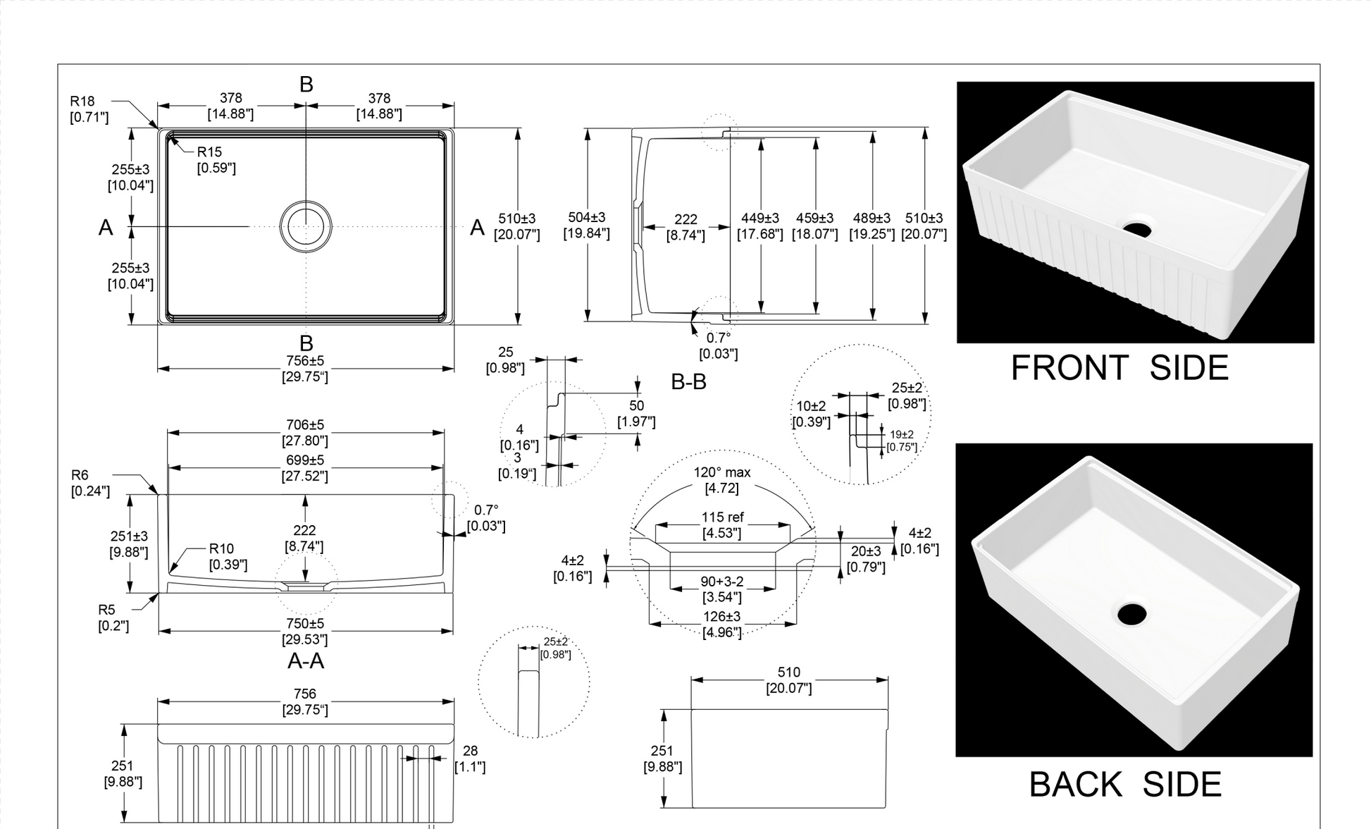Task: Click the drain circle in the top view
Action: [x=306, y=226]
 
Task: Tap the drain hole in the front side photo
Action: [x=1136, y=230]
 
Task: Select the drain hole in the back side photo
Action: [x=1131, y=614]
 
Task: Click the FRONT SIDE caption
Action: [x=1119, y=368]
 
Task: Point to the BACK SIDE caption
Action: [x=1124, y=785]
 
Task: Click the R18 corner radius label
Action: [x=82, y=102]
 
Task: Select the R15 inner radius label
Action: [x=209, y=152]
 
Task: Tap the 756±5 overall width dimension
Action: [x=305, y=361]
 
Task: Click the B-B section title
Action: [x=688, y=382]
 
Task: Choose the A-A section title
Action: [x=306, y=661]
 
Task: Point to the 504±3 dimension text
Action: [x=586, y=218]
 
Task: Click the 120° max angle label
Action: [x=722, y=472]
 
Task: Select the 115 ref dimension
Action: [x=722, y=517]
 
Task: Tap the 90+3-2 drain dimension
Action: [x=722, y=582]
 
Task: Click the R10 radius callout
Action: [x=221, y=549]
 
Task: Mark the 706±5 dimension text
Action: [x=305, y=425]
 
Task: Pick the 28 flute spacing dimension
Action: [x=470, y=751]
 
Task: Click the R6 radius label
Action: [x=80, y=476]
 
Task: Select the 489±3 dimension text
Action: [x=871, y=219]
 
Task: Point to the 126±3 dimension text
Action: [x=722, y=617]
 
